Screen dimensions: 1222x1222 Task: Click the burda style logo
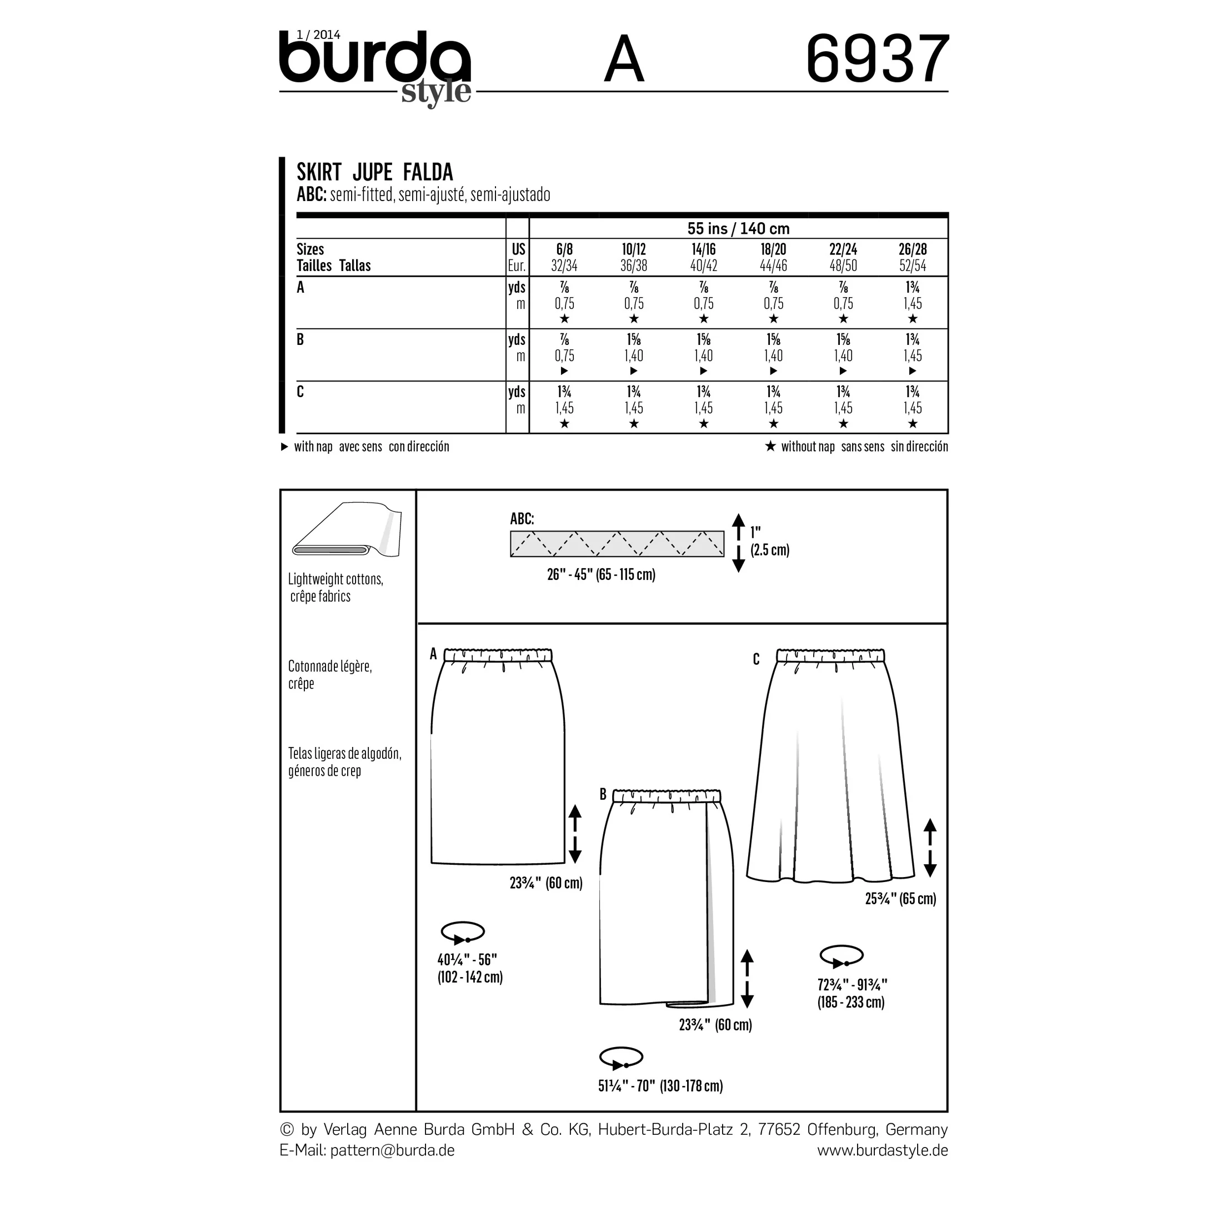pyautogui.click(x=375, y=67)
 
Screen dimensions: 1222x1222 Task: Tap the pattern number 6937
pyautogui.click(x=877, y=59)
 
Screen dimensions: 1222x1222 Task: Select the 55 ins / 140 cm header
pyautogui.click(x=738, y=228)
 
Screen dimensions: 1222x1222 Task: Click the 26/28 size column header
pyautogui.click(x=912, y=249)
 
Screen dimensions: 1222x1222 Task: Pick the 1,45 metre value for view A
pyautogui.click(x=912, y=304)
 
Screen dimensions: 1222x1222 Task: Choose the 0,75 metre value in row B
pyautogui.click(x=564, y=356)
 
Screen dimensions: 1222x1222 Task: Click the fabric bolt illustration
pyautogui.click(x=347, y=529)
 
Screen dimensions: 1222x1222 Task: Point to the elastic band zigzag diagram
pyautogui.click(x=617, y=544)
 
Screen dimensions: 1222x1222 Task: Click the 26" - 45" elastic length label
pyautogui.click(x=601, y=574)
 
